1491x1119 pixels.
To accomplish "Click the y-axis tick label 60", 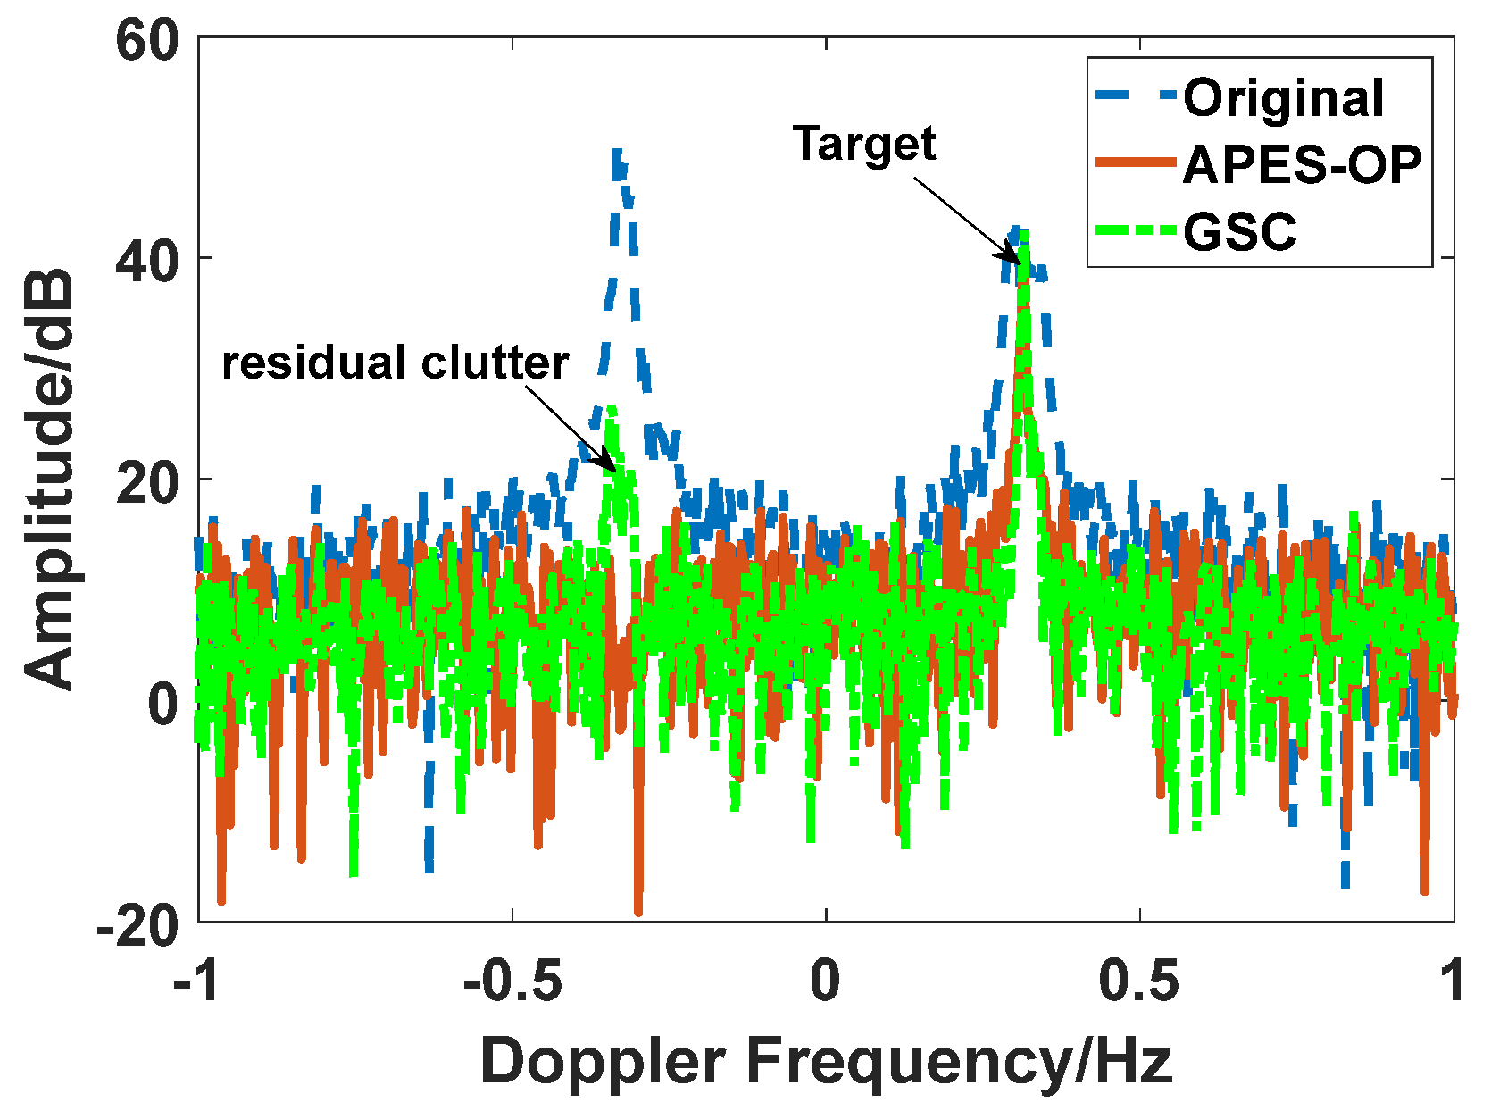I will pyautogui.click(x=147, y=41).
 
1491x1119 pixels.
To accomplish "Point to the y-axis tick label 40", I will pyautogui.click(x=147, y=261).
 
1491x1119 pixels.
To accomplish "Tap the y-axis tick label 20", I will pyautogui.click(x=147, y=481).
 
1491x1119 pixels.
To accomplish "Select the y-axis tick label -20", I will pyautogui.click(x=138, y=927).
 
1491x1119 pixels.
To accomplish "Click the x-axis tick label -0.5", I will pyautogui.click(x=512, y=981).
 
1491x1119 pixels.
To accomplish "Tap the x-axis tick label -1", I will pyautogui.click(x=197, y=981).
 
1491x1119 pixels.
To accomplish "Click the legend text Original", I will pyautogui.click(x=1283, y=98).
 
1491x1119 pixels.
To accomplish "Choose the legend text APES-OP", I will pyautogui.click(x=1302, y=164).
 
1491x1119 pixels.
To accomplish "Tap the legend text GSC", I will pyautogui.click(x=1239, y=232).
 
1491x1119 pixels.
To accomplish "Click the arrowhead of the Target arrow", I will pyautogui.click(x=1015, y=260).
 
